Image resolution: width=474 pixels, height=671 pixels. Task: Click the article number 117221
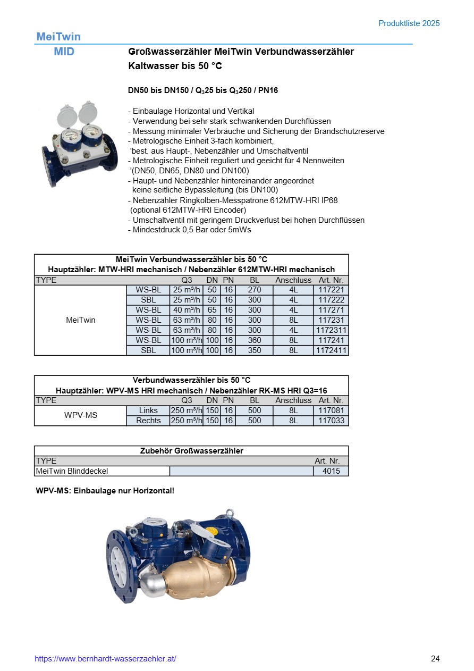[331, 290]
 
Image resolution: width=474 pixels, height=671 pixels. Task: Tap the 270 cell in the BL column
[254, 290]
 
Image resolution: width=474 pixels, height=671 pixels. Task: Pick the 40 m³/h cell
[186, 311]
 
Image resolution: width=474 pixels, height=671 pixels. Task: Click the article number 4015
[331, 471]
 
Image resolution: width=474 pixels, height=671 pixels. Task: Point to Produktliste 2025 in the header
[409, 23]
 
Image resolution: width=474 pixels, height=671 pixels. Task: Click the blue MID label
[64, 52]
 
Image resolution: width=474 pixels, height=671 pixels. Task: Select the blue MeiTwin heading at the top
[58, 37]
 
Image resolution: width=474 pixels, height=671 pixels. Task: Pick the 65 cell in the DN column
[212, 311]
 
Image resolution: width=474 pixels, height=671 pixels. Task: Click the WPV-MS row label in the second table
[81, 416]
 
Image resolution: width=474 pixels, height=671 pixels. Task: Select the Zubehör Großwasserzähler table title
[191, 451]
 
